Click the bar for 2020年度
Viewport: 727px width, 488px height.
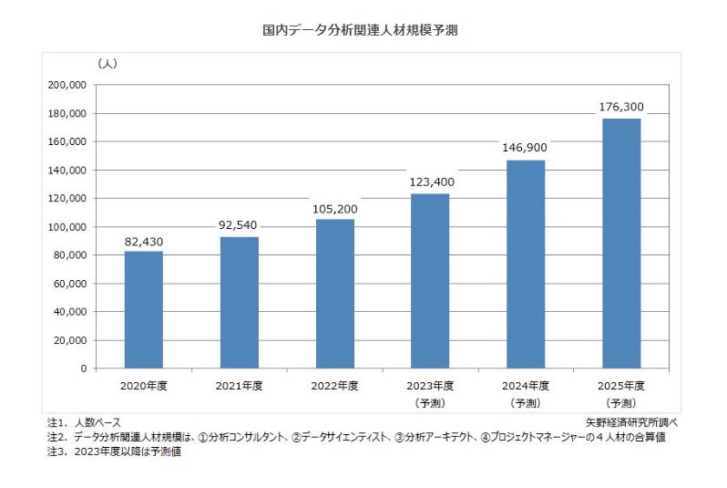(x=144, y=310)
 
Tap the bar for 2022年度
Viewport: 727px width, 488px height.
(x=334, y=294)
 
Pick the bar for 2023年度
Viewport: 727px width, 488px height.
(x=430, y=281)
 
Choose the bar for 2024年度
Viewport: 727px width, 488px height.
(x=526, y=265)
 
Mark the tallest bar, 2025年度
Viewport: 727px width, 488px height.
(x=621, y=244)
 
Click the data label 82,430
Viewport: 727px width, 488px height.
(x=144, y=241)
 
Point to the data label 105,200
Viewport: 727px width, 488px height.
(x=334, y=209)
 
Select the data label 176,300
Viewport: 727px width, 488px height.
(x=621, y=108)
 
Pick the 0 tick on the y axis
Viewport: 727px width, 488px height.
(x=83, y=369)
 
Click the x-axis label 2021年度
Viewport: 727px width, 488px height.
(x=239, y=386)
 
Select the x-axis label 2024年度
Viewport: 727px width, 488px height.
(x=526, y=386)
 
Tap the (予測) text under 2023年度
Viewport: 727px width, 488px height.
(x=430, y=402)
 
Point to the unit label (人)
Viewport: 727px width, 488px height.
(x=107, y=63)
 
